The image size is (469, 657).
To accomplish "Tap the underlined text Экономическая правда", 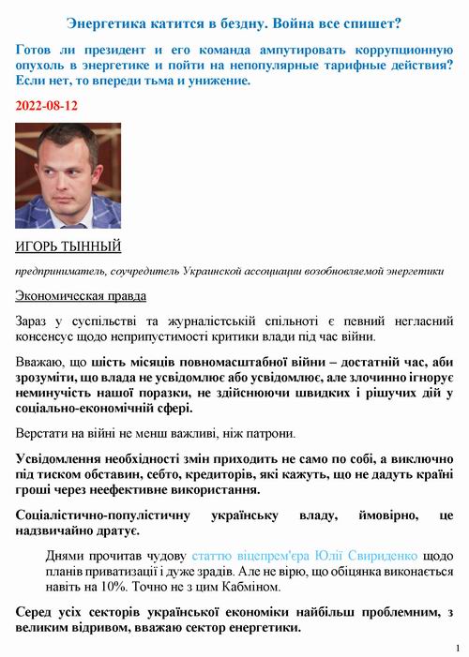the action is [81, 296].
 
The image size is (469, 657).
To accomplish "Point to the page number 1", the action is [457, 648].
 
